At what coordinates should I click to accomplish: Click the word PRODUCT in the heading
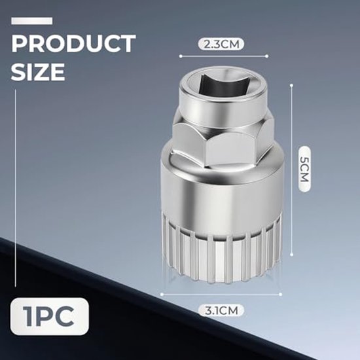[73, 44]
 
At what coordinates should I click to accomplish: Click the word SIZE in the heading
[38, 71]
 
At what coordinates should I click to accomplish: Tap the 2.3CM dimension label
[221, 45]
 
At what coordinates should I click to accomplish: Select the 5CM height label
[304, 170]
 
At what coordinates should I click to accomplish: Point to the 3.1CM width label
[221, 311]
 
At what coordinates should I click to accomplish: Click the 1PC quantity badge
[49, 317]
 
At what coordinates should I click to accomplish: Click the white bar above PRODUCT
[31, 21]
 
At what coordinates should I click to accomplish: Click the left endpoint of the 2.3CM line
[181, 56]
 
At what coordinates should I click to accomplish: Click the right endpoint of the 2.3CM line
[267, 56]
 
